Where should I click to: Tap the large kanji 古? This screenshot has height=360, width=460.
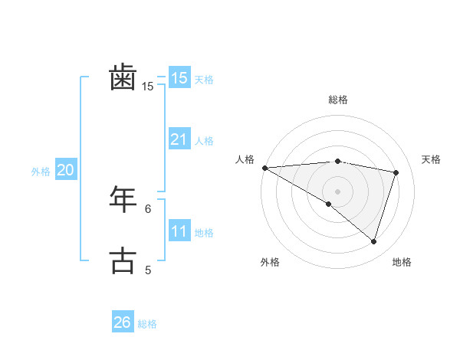(123, 260)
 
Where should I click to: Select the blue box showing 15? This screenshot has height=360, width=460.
(179, 78)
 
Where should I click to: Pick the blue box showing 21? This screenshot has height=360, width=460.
(179, 139)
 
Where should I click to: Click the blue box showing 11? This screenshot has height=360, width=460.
(179, 231)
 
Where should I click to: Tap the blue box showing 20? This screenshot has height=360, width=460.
(65, 170)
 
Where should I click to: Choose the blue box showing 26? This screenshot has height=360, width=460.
(122, 322)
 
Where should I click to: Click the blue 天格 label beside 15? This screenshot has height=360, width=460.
(204, 80)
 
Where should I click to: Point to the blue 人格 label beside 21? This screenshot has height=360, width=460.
(204, 141)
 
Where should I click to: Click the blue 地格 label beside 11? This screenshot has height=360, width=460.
(204, 233)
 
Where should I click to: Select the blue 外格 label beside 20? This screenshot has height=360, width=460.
(41, 172)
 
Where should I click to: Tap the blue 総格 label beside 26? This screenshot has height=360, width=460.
(147, 324)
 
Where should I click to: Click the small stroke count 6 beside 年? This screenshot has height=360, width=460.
(148, 208)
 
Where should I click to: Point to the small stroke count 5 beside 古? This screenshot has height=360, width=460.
(148, 270)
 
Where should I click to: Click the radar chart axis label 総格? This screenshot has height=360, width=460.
(338, 100)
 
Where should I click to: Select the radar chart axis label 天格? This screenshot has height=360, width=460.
(431, 159)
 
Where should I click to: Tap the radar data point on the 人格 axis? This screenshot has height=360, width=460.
(264, 167)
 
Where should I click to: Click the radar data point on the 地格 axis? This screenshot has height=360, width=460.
(373, 241)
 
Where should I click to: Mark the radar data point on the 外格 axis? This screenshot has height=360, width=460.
(329, 204)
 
